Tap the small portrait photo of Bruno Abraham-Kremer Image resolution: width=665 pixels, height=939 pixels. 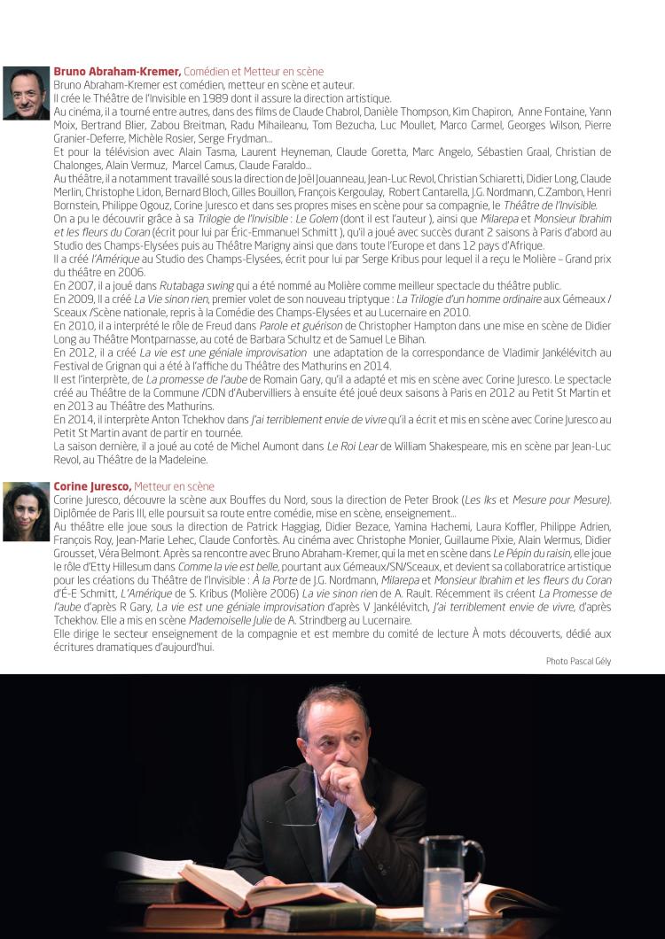pyautogui.click(x=27, y=93)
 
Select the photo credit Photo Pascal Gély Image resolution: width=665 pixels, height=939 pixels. pyautogui.click(x=578, y=661)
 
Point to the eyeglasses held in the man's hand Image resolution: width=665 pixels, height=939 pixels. pyautogui.click(x=306, y=811)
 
